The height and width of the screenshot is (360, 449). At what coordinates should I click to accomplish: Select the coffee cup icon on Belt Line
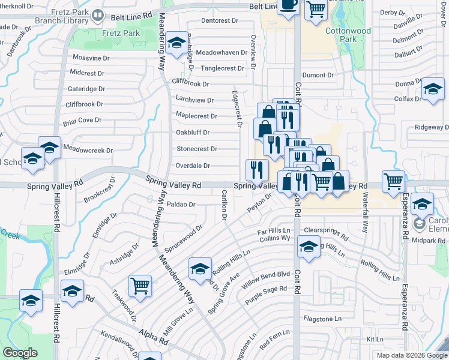pos(288,5)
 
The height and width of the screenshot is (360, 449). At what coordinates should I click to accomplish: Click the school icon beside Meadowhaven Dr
pos(176,43)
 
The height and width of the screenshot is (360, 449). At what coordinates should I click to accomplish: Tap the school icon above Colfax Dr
pos(432,89)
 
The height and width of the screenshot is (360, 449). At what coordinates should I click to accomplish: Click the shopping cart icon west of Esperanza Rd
pos(393,181)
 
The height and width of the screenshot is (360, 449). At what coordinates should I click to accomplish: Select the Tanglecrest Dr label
pos(222,68)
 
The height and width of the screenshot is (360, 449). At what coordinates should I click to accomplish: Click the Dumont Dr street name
pos(318,75)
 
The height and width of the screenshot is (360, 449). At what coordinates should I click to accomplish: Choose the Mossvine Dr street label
pos(91,58)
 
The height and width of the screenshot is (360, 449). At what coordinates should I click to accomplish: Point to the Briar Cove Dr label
pos(82,121)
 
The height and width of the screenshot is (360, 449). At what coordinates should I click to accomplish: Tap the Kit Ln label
pos(375,339)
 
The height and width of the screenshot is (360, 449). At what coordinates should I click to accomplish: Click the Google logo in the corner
pos(20,353)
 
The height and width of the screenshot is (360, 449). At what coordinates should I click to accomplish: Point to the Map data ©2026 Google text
pos(411,355)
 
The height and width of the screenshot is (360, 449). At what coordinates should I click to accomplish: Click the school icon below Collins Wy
pos(309,247)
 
